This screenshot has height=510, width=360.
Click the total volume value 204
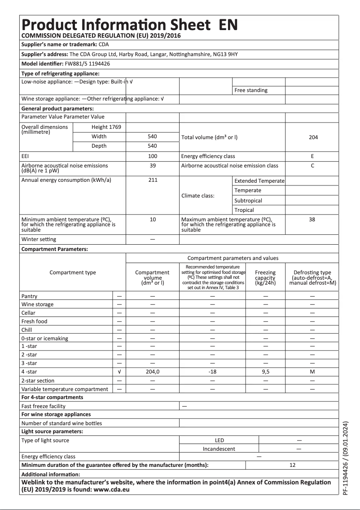point(313,137)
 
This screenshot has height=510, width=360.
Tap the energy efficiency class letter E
point(312,156)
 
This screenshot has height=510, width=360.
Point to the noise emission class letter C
point(312,165)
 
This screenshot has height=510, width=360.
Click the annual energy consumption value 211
point(153,180)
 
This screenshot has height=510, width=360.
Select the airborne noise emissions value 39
point(153,165)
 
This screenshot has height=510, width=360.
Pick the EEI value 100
point(153,156)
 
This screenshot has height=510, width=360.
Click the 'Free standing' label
point(251,90)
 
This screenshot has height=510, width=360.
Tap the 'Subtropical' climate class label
point(248,201)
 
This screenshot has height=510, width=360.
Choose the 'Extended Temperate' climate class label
point(259,180)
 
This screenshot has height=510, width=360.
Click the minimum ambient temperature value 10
point(153,220)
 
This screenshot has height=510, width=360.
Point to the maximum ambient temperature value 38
point(312,220)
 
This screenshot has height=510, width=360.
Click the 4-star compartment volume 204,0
point(153,372)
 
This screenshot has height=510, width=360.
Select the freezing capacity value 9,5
point(265,372)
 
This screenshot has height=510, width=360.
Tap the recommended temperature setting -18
point(213,372)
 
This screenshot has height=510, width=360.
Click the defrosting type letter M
point(312,372)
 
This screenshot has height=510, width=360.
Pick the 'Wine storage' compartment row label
point(37,304)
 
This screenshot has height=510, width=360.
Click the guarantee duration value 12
point(292,465)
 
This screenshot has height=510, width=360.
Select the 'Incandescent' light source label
point(219,448)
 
